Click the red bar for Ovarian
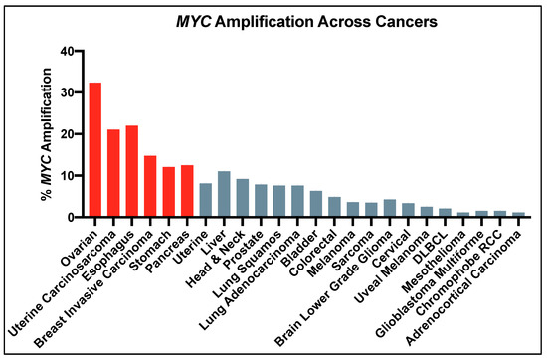click(95, 149)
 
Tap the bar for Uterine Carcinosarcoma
click(113, 173)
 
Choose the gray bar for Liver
click(224, 194)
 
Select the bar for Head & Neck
click(242, 198)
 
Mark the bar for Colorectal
click(334, 207)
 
